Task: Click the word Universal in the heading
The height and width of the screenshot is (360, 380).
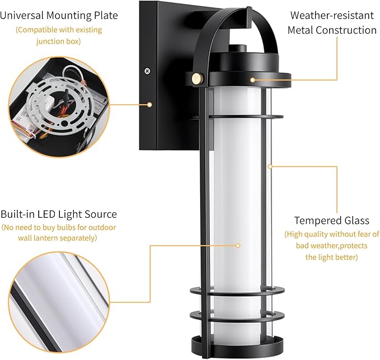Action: click(x=22, y=15)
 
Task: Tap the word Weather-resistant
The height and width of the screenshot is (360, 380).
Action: click(x=332, y=15)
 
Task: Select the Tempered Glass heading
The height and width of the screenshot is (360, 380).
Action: click(x=331, y=221)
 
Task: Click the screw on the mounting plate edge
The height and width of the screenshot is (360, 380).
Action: click(x=147, y=71)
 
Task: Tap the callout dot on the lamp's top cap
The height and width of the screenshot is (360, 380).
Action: click(x=252, y=80)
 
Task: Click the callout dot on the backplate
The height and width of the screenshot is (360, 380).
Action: click(x=150, y=105)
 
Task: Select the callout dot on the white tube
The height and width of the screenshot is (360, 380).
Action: click(x=238, y=246)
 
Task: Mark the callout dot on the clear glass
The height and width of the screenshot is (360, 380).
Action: click(x=270, y=166)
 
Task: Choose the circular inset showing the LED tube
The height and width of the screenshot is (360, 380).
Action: click(x=59, y=302)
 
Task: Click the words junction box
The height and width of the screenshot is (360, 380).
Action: click(x=59, y=41)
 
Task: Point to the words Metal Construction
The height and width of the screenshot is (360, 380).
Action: click(x=332, y=30)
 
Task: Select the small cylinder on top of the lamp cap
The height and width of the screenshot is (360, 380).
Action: click(x=238, y=48)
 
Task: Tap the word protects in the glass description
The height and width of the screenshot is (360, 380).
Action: click(x=354, y=246)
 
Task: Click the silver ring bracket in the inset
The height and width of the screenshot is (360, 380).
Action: click(x=59, y=105)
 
